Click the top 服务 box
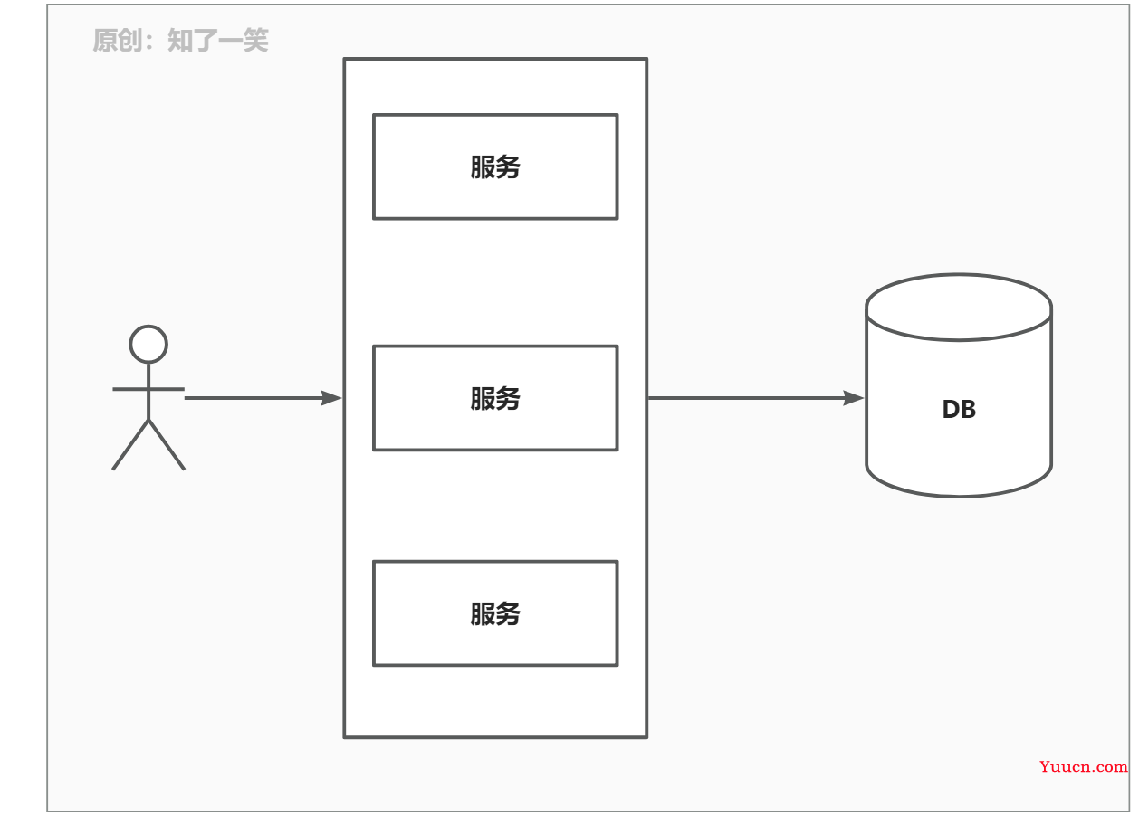pos(495,166)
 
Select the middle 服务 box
pos(495,398)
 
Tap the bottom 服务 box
pos(495,613)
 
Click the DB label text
pos(959,409)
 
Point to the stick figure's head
pos(148,344)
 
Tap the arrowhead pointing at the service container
pos(331,398)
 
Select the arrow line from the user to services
pos(263,398)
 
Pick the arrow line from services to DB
pos(756,398)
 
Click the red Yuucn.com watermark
pos(1083,766)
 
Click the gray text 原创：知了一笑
pos(180,40)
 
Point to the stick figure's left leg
pos(130,445)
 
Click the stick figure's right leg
pos(167,445)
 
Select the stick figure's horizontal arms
pos(148,389)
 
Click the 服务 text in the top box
pos(495,166)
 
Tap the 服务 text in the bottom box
pos(495,613)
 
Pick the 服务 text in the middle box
pos(495,398)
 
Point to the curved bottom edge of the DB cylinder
pos(959,496)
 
